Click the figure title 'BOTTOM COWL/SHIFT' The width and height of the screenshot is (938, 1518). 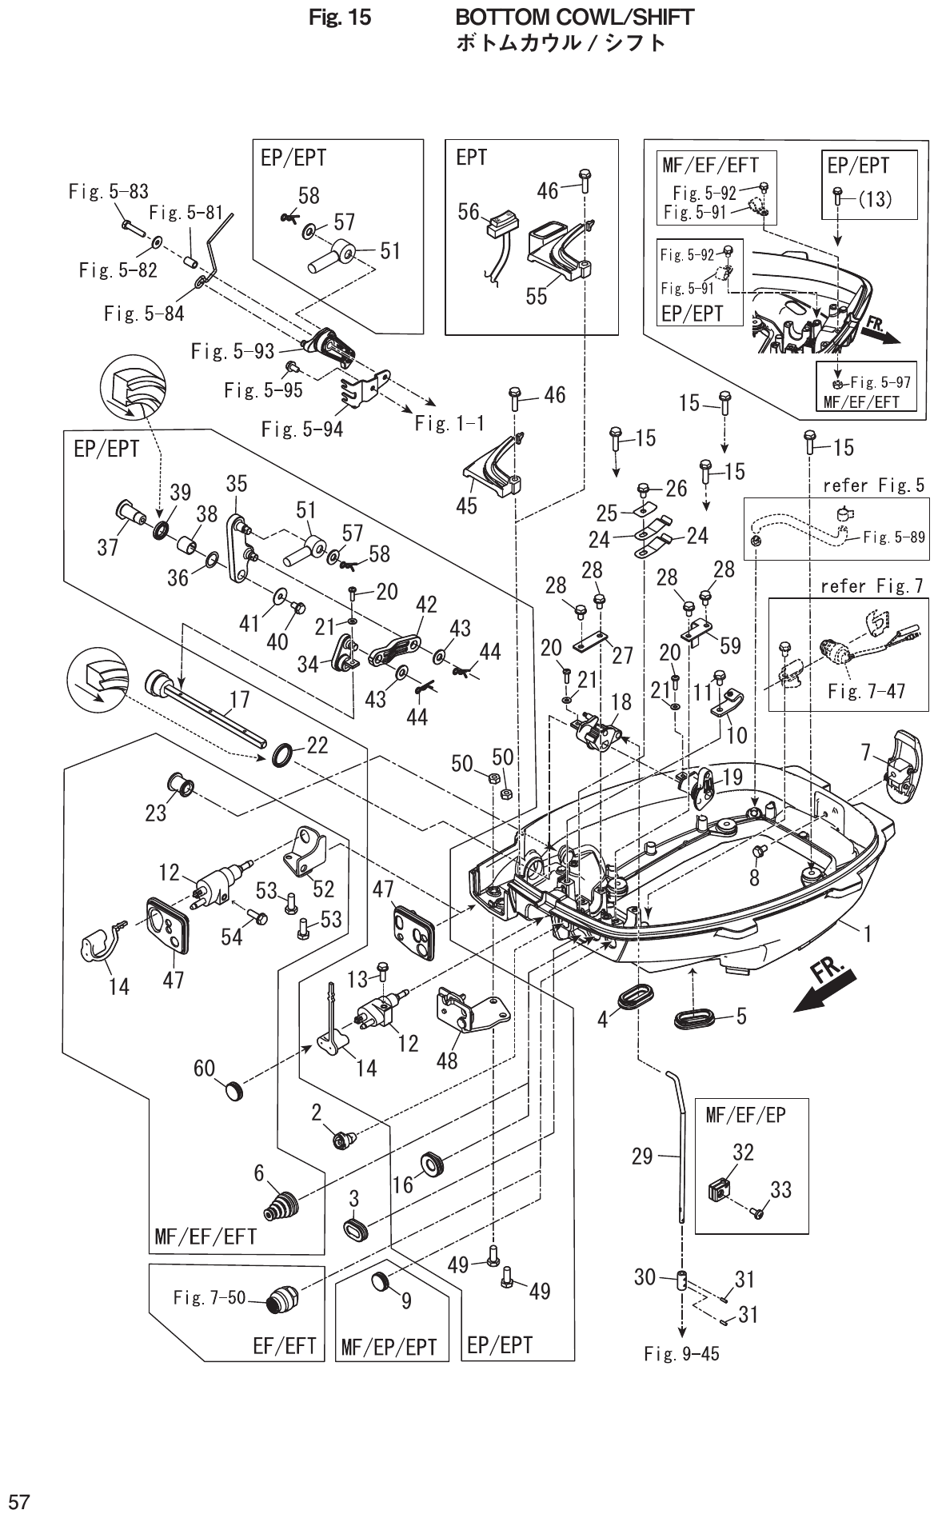pos(573,17)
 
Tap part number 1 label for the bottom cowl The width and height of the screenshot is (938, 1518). pos(866,932)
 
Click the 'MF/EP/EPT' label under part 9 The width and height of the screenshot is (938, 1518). pos(389,1348)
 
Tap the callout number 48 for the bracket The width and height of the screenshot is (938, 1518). pos(447,1061)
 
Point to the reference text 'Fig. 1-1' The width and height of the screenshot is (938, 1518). pos(449,424)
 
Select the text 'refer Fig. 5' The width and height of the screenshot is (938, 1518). pos(873,485)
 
